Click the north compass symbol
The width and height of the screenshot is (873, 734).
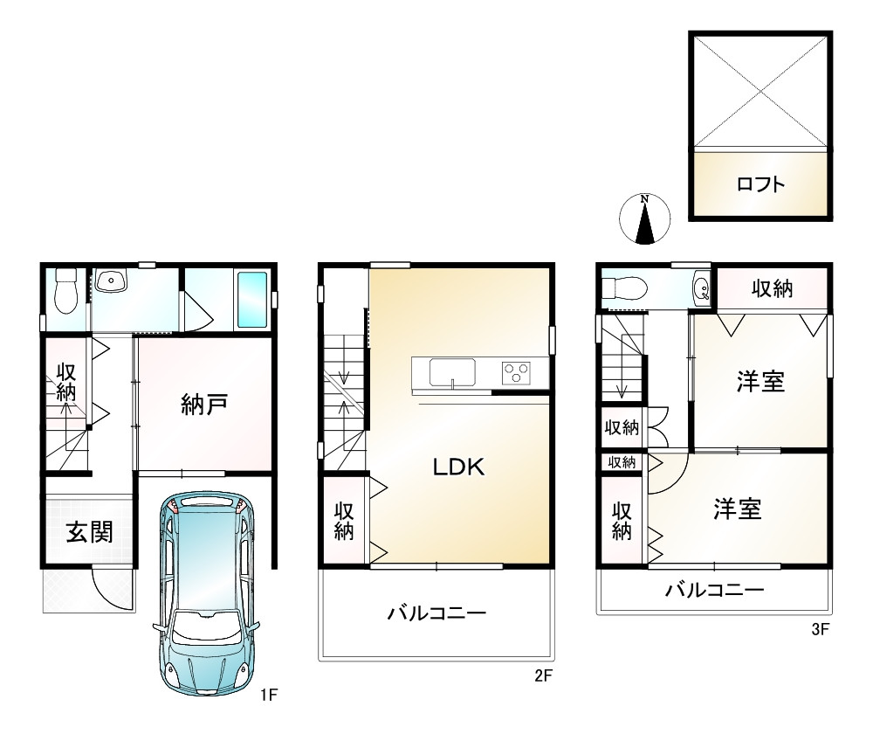pos(645,219)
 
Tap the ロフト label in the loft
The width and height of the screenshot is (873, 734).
pos(760,183)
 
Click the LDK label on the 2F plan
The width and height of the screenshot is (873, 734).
pos(459,467)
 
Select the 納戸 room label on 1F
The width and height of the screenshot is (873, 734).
pos(204,404)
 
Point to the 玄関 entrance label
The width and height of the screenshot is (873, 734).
pos(90,531)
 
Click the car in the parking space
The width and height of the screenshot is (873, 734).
pos(205,593)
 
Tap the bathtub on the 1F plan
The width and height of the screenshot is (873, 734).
pos(252,300)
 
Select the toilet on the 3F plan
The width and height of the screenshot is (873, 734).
pos(624,288)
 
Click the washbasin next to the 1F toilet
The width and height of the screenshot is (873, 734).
pos(111,280)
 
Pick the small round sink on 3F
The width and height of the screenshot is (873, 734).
pos(702,288)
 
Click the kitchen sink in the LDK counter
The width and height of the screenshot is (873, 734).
pos(452,371)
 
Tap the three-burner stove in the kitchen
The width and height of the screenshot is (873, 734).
pos(516,373)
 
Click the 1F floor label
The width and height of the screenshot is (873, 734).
pos(269,695)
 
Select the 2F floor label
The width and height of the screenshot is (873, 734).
pos(543,675)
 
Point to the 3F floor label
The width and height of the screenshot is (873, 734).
pos(821,629)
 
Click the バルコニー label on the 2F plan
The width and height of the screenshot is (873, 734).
pos(437,613)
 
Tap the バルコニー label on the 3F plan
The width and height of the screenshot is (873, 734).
pos(715,590)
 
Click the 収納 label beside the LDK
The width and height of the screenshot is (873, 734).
pos(344,522)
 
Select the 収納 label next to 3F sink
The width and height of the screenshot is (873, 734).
pos(773,288)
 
